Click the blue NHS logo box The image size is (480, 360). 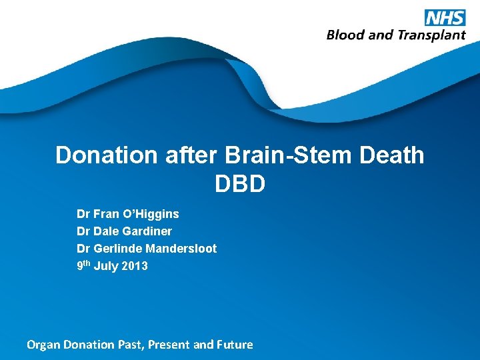pos(445,17)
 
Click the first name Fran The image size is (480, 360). pos(105,214)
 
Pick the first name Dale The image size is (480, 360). pos(106,231)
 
